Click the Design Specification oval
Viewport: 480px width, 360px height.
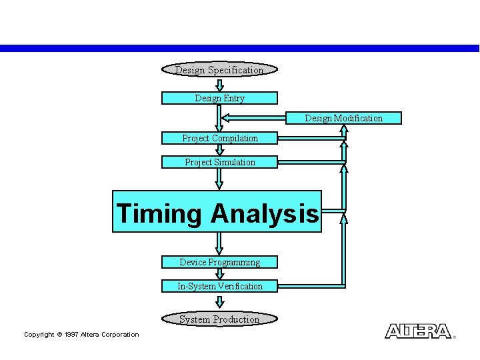219,70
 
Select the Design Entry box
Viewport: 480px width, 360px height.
219,98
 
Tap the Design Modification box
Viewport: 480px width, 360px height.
344,118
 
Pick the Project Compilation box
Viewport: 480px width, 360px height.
219,138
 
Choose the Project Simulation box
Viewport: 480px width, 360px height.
219,162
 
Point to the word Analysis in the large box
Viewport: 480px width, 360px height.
265,213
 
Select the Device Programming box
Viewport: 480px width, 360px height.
219,262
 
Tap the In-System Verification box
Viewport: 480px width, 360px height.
219,286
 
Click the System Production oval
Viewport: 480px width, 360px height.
219,319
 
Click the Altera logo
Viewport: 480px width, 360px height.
418,331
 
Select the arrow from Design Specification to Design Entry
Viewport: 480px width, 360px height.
219,85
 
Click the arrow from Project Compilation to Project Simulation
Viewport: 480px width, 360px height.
219,150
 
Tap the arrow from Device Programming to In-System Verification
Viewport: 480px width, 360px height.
219,274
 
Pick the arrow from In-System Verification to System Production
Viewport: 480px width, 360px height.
219,302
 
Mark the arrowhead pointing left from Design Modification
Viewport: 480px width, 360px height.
227,118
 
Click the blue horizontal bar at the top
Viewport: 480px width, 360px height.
240,48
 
